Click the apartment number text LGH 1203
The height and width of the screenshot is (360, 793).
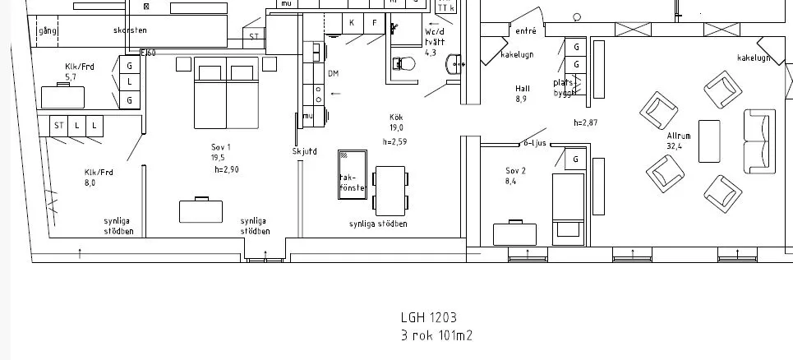pos(428,317)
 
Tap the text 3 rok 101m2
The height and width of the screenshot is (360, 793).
pos(436,335)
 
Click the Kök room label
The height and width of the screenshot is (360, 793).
pos(396,118)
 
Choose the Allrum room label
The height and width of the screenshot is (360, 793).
pos(679,136)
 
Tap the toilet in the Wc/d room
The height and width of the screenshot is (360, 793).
pos(403,64)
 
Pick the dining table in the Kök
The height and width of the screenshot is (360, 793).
pos(390,189)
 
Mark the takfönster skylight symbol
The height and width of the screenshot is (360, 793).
pos(353,173)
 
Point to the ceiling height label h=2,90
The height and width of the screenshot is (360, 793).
pos(226,169)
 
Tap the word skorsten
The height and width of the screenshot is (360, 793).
pos(130,30)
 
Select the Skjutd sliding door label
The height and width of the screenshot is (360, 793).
pos(303,151)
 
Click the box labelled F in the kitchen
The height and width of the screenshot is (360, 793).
pos(375,23)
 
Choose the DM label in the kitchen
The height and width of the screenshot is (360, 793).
pos(333,74)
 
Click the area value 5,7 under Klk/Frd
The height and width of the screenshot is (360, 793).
pos(71,78)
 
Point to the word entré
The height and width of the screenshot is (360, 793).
pos(526,31)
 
